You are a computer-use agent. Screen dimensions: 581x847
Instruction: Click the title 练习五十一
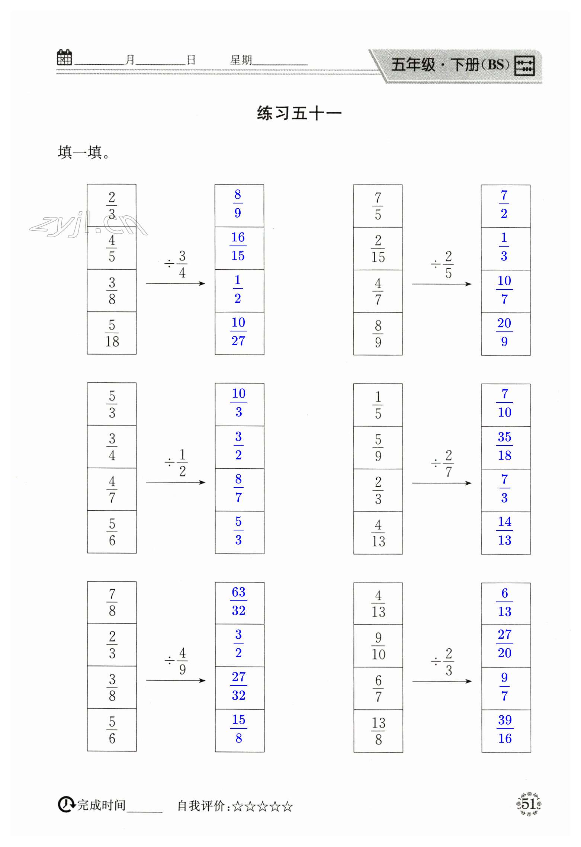point(299,113)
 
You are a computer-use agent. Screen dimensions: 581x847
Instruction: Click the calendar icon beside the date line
point(64,58)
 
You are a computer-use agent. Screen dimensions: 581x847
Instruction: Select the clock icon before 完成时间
point(66,805)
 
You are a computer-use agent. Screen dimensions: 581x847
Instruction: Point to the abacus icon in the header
point(524,66)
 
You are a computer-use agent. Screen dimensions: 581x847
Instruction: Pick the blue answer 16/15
point(238,246)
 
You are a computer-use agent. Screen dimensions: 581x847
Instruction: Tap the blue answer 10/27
point(238,331)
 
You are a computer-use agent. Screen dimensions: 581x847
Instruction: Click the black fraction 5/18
point(112,333)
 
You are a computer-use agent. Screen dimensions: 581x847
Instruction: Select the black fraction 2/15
point(378,248)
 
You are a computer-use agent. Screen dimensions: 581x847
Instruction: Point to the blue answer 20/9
point(504,332)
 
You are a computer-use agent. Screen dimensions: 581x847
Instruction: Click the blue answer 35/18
point(505,446)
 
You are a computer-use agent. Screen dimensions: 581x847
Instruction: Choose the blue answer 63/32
point(239,601)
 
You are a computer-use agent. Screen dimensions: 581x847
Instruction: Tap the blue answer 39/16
point(505,729)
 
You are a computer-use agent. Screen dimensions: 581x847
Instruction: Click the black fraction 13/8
point(378,731)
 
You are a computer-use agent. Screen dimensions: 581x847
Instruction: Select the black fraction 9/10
point(378,646)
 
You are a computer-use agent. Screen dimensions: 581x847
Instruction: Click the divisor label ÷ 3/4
point(176,264)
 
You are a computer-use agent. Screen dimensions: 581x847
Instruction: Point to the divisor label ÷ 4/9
point(176,661)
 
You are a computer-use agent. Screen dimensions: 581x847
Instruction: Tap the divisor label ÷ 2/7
point(442,463)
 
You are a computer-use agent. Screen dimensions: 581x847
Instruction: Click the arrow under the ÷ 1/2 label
point(176,482)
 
